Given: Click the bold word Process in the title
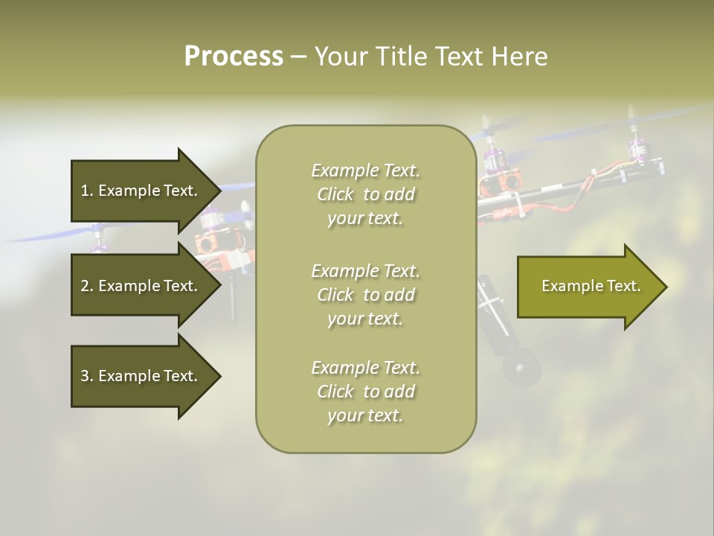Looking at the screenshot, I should click(234, 57).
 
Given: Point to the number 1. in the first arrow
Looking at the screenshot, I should click(87, 191).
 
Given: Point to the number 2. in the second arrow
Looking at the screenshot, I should click(87, 286).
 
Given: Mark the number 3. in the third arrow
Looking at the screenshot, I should click(87, 376).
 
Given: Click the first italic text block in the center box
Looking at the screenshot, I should click(365, 194).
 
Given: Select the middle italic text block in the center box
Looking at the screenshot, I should click(365, 295).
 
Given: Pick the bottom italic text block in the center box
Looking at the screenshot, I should click(365, 392).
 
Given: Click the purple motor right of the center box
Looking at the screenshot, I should click(493, 159).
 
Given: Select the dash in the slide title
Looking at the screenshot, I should click(298, 57).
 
